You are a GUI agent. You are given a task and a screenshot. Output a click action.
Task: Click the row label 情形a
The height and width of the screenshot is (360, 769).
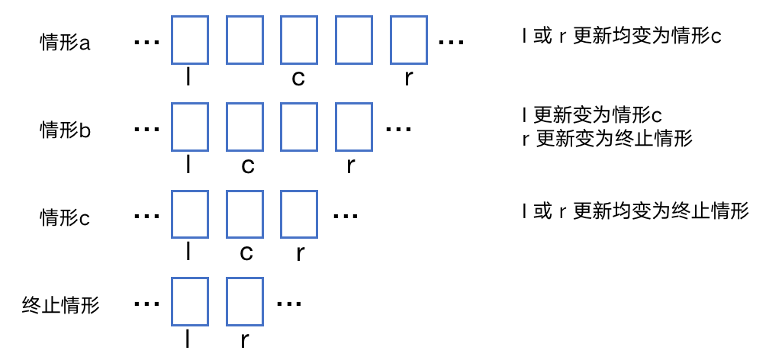coord(65,43)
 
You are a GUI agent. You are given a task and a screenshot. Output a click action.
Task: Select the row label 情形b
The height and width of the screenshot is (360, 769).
coord(65,130)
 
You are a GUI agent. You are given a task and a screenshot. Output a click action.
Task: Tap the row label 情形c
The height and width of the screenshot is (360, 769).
coord(65,217)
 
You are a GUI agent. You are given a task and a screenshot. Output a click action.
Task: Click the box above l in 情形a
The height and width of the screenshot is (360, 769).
coord(190,40)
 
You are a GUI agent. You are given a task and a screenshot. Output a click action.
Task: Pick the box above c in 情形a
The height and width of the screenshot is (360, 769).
coord(299,40)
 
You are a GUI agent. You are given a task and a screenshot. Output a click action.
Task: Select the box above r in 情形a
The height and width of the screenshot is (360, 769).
coord(409,40)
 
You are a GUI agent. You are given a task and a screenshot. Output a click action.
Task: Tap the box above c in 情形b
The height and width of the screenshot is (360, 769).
coord(245,127)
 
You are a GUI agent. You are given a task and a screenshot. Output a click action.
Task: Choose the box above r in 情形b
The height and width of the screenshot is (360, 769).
coord(354,127)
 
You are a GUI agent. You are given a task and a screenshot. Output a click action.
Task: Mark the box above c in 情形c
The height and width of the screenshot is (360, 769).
coord(245,215)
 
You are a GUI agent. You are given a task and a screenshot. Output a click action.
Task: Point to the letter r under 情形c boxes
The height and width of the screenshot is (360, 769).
coord(299,253)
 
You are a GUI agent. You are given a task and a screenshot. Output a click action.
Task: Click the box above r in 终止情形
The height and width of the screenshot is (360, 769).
coord(245,302)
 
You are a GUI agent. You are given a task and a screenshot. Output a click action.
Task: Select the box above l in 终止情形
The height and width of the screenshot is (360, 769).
coord(190,302)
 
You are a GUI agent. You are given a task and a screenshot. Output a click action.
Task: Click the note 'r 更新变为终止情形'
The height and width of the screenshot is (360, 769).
coord(607,139)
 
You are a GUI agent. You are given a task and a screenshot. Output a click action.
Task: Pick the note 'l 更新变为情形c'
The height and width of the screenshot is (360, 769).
coord(592,115)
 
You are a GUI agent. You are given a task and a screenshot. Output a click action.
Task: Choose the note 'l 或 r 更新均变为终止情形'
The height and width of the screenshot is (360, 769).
coord(635,211)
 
